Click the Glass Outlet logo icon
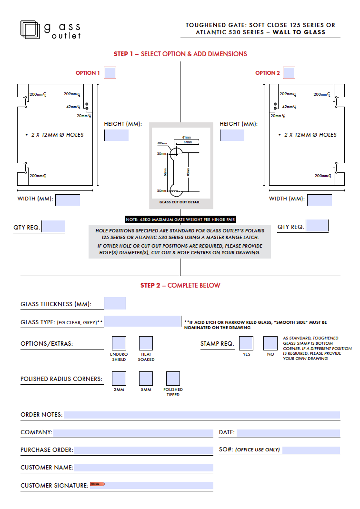[x=30, y=29]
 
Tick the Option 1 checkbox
[x=110, y=73]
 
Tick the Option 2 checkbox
[x=289, y=73]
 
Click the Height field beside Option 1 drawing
[x=116, y=135]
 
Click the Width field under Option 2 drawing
[x=320, y=200]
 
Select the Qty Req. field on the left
[x=53, y=227]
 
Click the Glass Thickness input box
[x=115, y=303]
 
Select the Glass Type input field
[x=143, y=322]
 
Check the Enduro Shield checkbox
[x=119, y=343]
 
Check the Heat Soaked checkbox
[x=146, y=343]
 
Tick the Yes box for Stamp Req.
[x=246, y=343]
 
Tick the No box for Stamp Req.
[x=270, y=343]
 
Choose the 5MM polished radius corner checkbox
[x=146, y=379]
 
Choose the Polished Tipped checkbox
[x=173, y=379]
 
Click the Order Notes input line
[x=202, y=415]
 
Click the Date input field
[x=288, y=432]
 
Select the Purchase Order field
[x=143, y=450]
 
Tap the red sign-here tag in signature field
[x=97, y=484]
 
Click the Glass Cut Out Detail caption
[x=180, y=202]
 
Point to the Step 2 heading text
[x=180, y=285]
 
